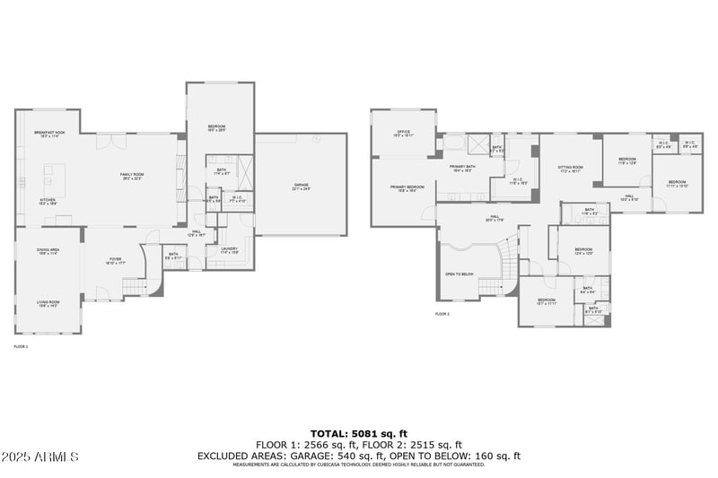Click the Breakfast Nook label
48,134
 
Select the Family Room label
133,176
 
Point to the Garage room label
301,187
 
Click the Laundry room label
229,250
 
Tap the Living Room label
48,304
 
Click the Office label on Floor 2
403,133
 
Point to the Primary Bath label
462,168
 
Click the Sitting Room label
570,168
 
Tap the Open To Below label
459,274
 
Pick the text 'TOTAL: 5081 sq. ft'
359,432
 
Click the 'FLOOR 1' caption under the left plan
21,345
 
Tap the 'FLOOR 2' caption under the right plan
442,314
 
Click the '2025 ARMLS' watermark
40,456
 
